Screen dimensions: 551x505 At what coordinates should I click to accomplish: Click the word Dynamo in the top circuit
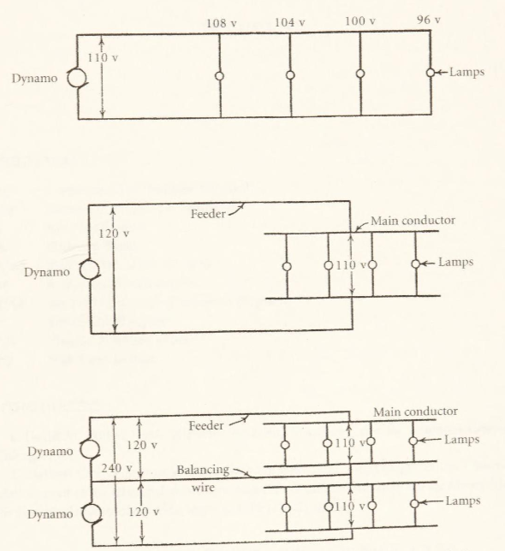pos(33,79)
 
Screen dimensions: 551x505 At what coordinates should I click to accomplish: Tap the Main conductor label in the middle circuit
pos(413,221)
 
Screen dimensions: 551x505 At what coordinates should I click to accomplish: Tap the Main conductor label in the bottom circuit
pos(414,412)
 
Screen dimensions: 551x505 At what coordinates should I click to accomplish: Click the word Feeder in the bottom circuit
pos(208,425)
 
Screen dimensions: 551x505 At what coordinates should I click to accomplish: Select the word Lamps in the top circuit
pos(467,73)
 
